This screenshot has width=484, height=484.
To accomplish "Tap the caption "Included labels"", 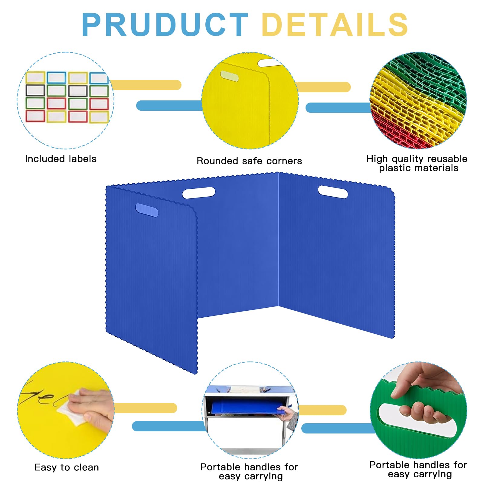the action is (x=60, y=159).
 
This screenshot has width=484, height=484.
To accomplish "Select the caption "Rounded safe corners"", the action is (x=249, y=161).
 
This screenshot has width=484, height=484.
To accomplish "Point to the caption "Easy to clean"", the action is (x=67, y=467).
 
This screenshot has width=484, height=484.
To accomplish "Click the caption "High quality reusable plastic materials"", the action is (x=417, y=163).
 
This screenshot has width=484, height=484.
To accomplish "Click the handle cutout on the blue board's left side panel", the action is (x=147, y=210).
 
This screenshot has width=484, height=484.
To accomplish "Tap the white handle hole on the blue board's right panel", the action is (x=333, y=192).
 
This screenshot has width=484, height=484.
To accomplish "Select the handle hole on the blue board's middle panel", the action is (x=199, y=193).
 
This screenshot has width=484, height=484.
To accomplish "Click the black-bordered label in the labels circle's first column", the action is (x=35, y=90).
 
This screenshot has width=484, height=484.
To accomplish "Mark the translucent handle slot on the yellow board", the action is (x=229, y=76).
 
